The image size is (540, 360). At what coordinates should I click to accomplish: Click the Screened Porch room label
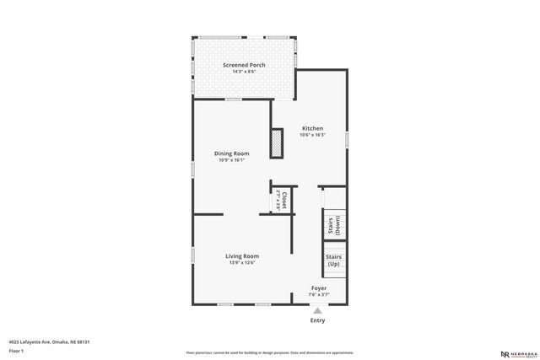click(x=244, y=65)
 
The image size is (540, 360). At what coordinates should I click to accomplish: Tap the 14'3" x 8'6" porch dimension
click(x=244, y=72)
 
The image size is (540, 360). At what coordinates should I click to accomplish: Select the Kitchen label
click(x=312, y=128)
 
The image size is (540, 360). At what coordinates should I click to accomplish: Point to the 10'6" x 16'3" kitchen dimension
click(x=312, y=135)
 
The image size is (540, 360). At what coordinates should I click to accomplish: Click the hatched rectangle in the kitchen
click(x=276, y=142)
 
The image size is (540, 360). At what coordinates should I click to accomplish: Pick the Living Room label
click(x=241, y=255)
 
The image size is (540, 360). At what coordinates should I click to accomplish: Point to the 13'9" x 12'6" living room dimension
click(x=241, y=263)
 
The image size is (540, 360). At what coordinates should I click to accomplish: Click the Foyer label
click(x=319, y=287)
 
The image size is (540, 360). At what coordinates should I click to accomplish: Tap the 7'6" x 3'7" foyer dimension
click(x=319, y=295)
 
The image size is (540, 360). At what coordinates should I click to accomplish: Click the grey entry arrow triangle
click(x=317, y=310)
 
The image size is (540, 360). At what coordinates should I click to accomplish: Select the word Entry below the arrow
click(x=317, y=320)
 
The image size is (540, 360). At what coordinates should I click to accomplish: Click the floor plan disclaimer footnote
click(x=269, y=352)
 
